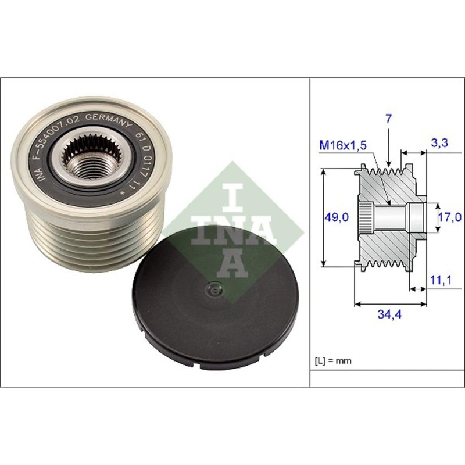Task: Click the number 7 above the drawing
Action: (388, 119)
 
